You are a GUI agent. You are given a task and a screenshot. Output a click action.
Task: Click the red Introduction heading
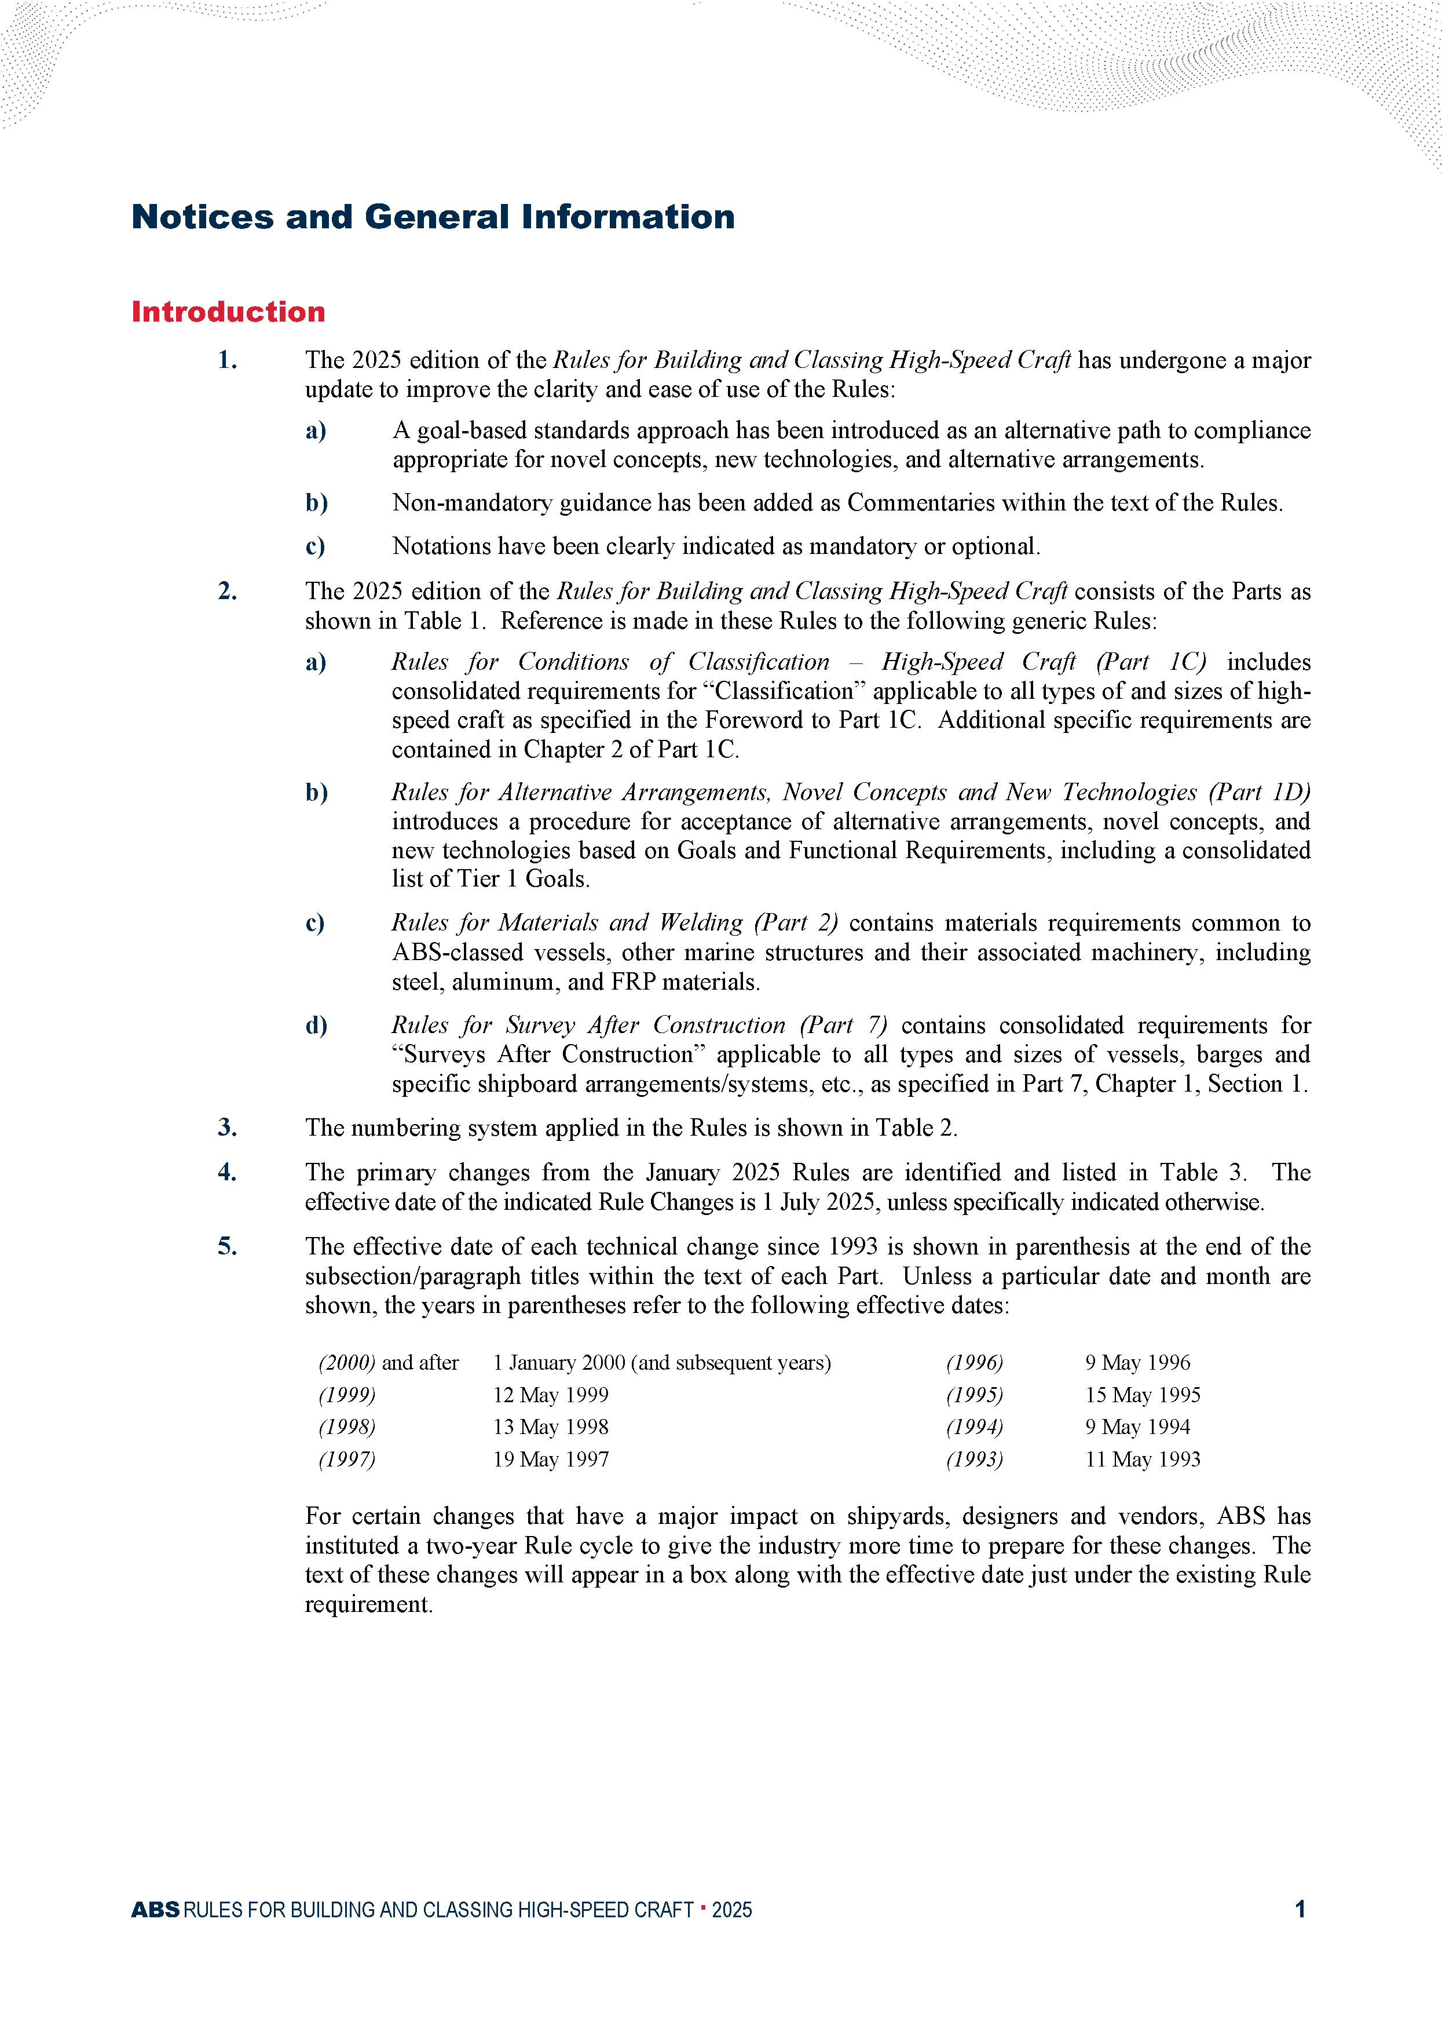point(228,312)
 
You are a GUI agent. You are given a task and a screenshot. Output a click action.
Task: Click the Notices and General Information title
point(433,217)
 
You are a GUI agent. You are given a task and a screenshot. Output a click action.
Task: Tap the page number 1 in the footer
point(1300,1909)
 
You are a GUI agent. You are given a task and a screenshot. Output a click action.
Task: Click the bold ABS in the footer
point(155,1909)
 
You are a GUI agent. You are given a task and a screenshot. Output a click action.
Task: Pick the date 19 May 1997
point(551,1459)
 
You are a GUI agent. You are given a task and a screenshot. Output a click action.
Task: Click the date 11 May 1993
point(1142,1459)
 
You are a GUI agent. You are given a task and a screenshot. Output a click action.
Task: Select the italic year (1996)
point(974,1362)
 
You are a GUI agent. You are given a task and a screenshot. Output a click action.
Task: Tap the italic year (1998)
point(346,1427)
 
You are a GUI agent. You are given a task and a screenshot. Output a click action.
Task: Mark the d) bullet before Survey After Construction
point(316,1025)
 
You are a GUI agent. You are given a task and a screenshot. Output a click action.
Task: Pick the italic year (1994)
point(974,1427)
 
